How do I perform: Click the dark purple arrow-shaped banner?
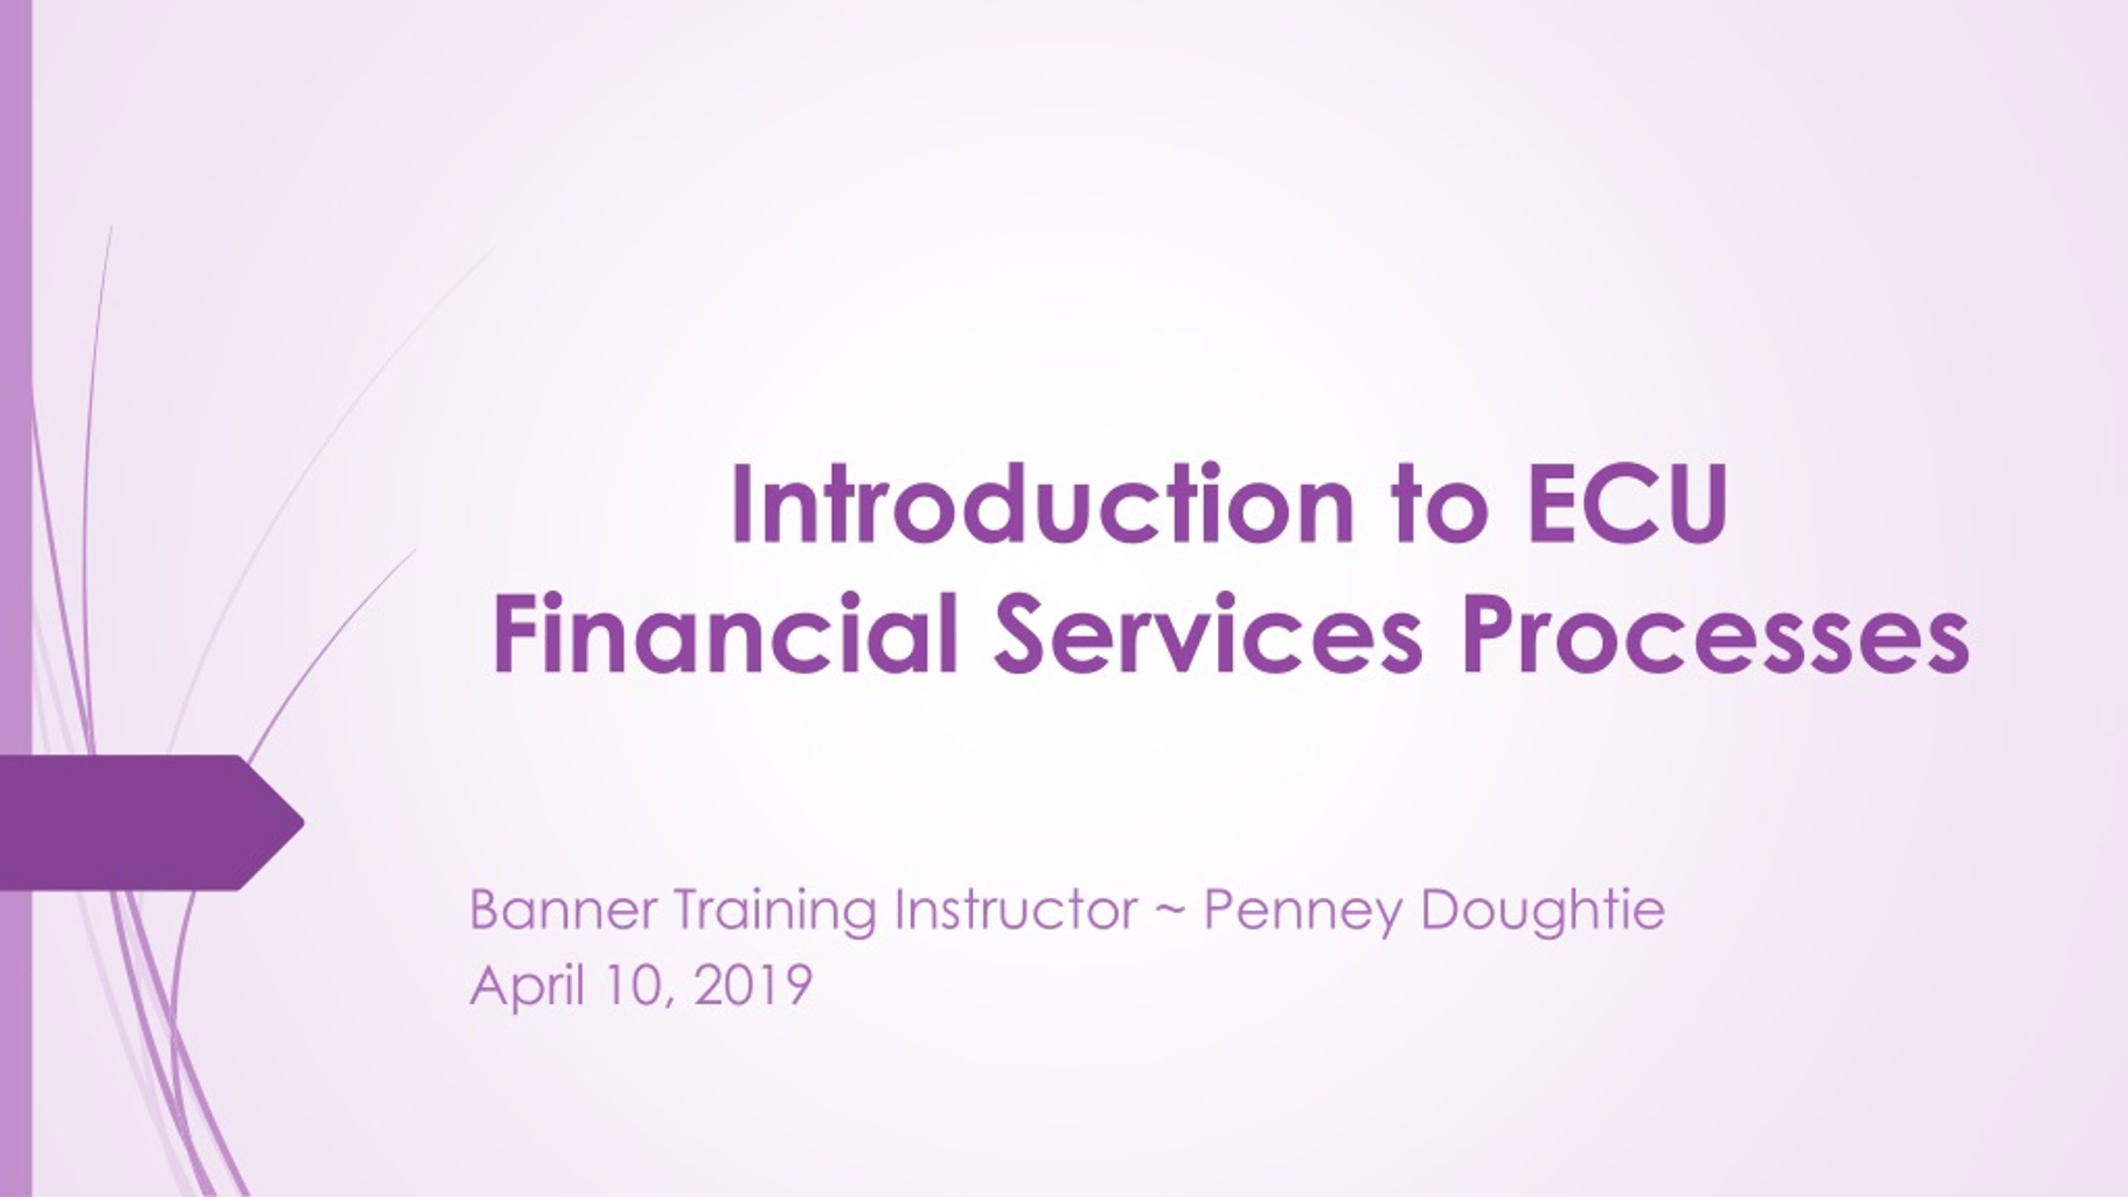pyautogui.click(x=150, y=823)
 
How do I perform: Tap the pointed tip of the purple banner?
pyautogui.click(x=304, y=823)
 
